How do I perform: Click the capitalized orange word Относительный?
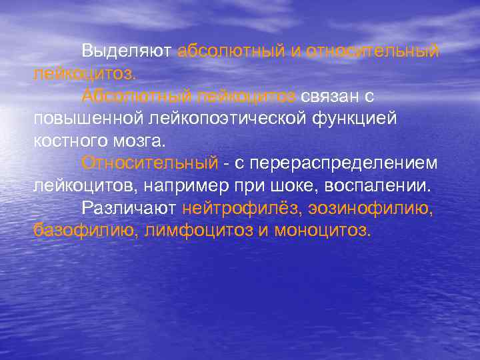149,163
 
